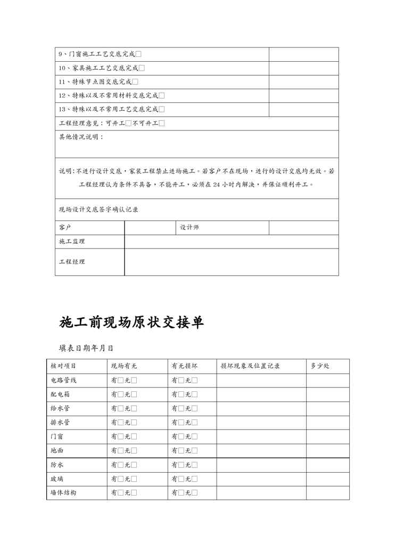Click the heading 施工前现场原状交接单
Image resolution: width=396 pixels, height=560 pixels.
131,322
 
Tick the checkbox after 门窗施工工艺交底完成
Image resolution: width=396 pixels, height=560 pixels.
138,54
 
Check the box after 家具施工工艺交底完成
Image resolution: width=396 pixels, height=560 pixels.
142,68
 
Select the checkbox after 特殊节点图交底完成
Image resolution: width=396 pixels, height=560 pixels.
135,82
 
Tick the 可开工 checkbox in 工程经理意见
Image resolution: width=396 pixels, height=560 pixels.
128,123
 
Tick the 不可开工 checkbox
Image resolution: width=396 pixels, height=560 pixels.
162,123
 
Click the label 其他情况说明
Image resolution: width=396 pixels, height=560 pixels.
81,137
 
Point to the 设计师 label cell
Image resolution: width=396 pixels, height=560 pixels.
189,227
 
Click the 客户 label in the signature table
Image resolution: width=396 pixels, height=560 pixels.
65,227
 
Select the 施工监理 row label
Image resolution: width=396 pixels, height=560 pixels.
72,242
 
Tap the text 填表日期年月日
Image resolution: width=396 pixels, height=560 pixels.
86,349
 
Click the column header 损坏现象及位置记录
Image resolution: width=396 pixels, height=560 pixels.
250,366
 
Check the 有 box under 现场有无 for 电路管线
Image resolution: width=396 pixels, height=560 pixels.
121,381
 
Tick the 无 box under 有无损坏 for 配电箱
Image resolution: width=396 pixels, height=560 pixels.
194,394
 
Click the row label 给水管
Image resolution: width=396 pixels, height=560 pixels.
60,408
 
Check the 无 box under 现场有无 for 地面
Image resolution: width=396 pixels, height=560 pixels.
134,450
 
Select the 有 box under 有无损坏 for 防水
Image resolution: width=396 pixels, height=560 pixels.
181,465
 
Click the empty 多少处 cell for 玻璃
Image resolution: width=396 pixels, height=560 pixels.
327,479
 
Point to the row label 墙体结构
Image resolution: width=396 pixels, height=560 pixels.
63,492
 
